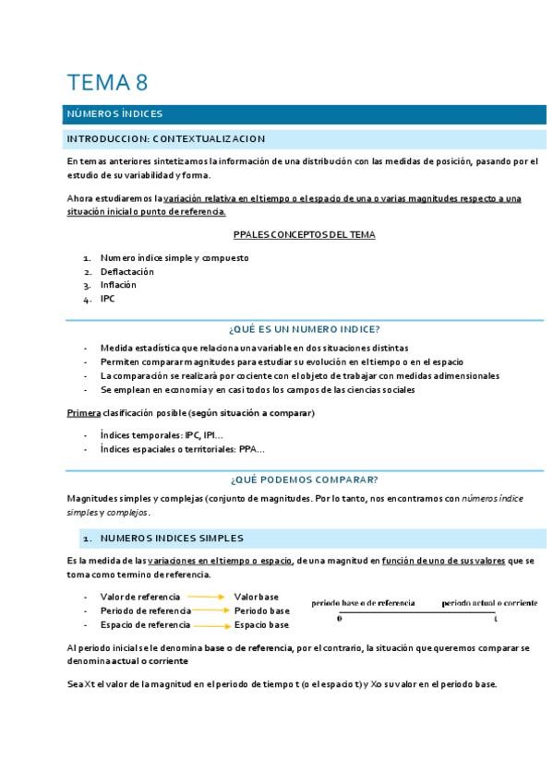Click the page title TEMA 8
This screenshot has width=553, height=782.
pos(107,82)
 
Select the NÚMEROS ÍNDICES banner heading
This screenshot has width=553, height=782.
pos(114,114)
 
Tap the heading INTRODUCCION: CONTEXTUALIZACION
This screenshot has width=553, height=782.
pos(165,139)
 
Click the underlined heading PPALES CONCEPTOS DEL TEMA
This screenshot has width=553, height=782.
pos(304,234)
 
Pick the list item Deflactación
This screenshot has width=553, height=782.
pos(127,272)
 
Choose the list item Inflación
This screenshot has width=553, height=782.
pos(118,285)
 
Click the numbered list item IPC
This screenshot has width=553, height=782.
pos(108,299)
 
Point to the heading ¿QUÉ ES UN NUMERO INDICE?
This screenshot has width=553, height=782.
pos(304,328)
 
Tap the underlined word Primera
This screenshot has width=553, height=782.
pos(84,413)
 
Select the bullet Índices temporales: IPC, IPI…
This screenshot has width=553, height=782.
pos(162,434)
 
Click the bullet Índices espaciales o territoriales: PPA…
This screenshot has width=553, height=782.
pos(183,449)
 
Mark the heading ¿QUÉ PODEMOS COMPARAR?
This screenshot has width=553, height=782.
pos(304,480)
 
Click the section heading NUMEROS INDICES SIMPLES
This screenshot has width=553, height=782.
pos(173,537)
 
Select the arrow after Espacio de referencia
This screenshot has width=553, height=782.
pos(210,624)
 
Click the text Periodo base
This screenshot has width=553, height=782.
pos(261,610)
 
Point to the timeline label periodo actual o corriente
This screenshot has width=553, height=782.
pos(489,602)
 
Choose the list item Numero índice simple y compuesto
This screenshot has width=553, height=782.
pos(174,258)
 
